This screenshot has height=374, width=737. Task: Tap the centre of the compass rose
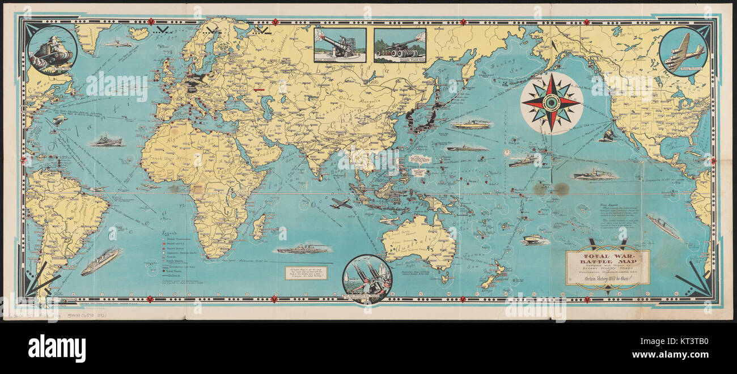click(x=551, y=103)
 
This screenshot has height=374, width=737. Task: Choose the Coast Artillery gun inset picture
click(x=340, y=45)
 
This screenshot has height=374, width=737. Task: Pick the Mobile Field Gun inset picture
click(x=400, y=45)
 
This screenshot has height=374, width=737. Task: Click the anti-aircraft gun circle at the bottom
click(x=367, y=278)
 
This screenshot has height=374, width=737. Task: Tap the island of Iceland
click(x=139, y=33)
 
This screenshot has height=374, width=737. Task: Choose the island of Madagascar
click(x=259, y=227)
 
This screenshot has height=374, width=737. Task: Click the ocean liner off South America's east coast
click(x=100, y=261)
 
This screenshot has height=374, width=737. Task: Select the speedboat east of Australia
click(x=535, y=240)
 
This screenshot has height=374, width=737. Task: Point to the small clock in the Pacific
click(x=506, y=152)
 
